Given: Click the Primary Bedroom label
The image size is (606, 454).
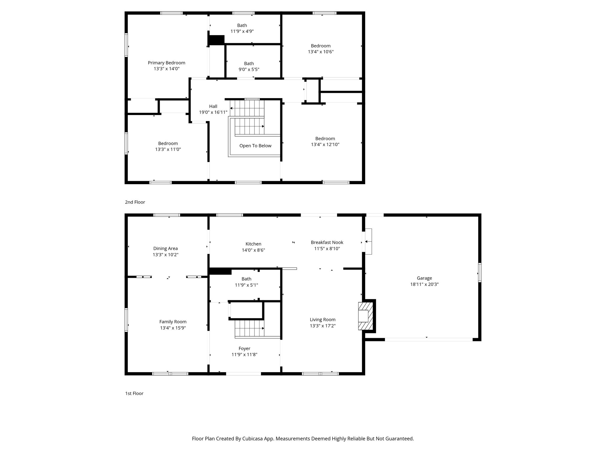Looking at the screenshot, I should point(166,63).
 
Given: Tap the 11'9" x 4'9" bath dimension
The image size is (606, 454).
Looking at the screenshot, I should point(242,31).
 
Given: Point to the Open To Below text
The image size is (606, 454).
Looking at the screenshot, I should point(255,146).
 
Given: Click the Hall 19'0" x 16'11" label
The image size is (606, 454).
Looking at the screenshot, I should point(213,109).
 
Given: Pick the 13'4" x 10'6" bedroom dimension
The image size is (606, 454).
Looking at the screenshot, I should point(321,52).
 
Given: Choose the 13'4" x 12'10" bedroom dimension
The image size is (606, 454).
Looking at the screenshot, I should point(325,145).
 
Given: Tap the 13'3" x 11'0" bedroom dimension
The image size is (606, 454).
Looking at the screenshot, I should point(168,150).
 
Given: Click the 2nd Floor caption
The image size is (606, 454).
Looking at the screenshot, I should point(135,202).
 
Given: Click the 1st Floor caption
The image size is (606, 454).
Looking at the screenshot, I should point(134,393).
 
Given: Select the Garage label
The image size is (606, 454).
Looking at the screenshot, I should point(424,278).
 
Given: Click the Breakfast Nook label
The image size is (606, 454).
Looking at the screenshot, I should point(327,242).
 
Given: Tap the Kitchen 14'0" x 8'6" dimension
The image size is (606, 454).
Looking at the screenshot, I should point(253,250).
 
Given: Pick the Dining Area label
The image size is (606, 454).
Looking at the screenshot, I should point(165,249).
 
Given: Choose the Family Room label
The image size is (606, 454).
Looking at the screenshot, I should point(173,322).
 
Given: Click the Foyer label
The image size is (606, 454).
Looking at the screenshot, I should point(244,349).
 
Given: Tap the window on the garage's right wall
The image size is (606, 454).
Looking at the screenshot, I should point(480,273).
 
